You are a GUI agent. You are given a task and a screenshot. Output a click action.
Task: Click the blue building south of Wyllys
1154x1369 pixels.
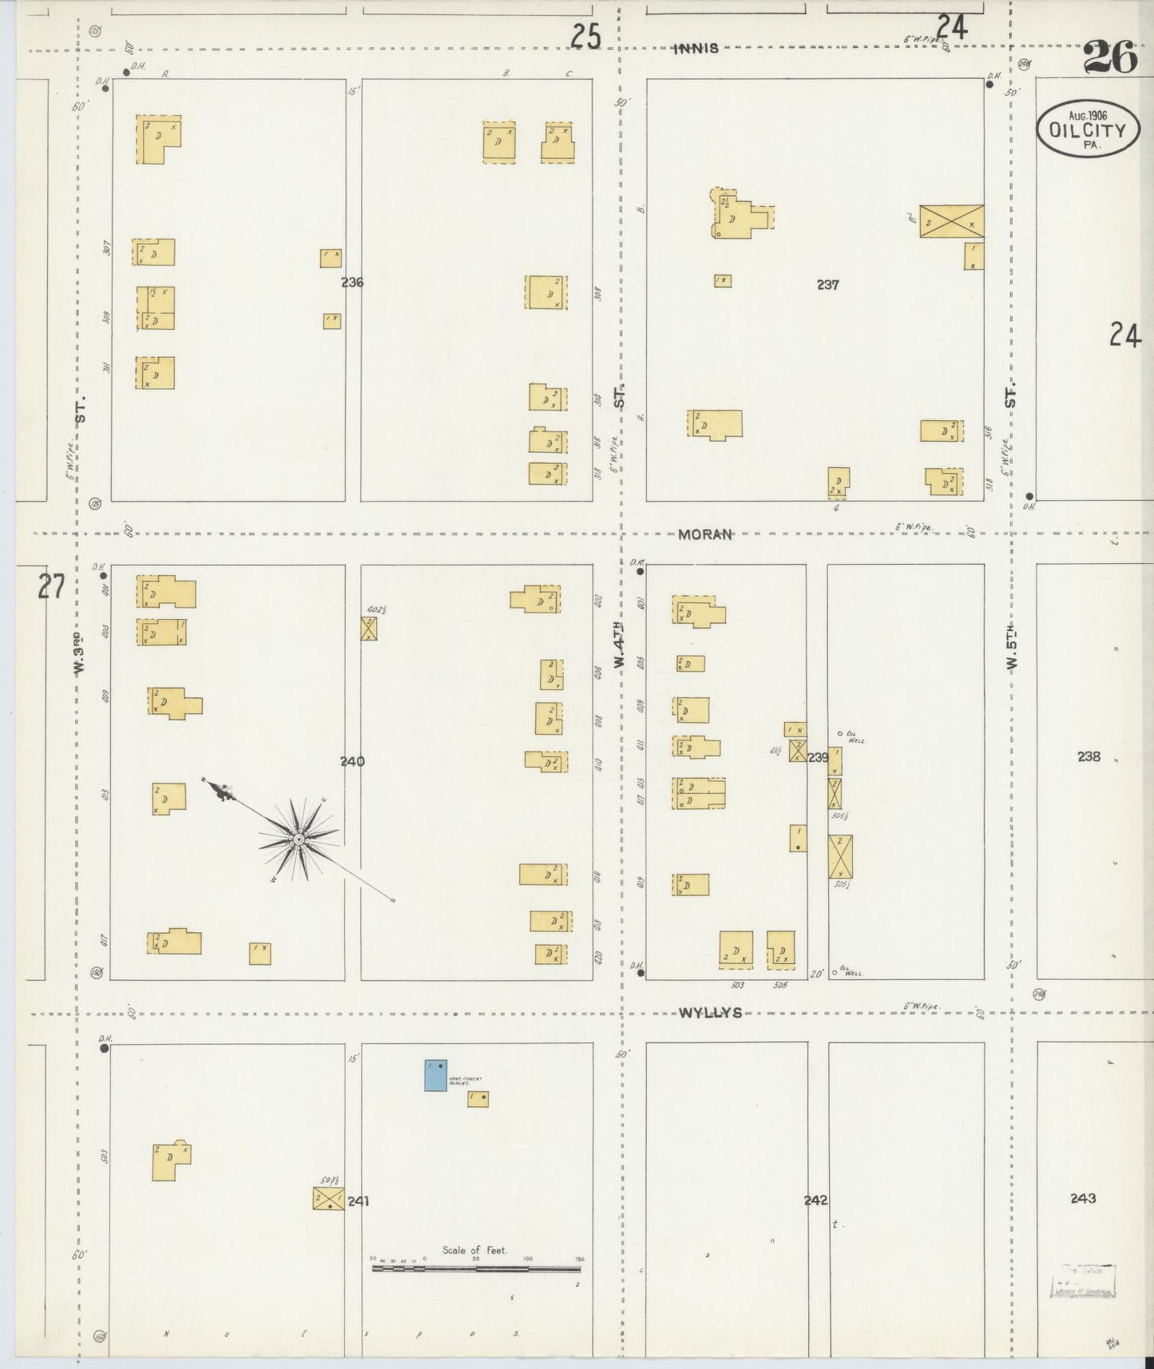(x=435, y=1075)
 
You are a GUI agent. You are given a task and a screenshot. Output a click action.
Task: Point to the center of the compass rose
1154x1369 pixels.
(x=299, y=839)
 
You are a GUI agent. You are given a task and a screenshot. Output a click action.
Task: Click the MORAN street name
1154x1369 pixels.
(x=704, y=534)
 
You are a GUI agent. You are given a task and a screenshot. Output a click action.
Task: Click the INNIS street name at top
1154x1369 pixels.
(x=696, y=48)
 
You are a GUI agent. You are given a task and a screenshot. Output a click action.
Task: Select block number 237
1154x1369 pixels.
(x=827, y=284)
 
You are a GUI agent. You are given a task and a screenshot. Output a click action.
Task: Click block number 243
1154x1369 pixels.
(x=1083, y=1198)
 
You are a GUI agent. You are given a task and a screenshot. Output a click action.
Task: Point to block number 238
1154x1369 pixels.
(x=1089, y=756)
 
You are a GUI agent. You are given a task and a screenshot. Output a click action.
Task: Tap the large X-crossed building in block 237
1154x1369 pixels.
(x=951, y=221)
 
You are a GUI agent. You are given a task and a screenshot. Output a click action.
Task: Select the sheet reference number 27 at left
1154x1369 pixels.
(x=50, y=589)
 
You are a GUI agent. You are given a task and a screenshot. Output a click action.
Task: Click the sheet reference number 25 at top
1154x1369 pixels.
(x=585, y=36)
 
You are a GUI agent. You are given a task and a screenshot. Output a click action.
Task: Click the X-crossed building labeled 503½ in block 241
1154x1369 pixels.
(x=327, y=1198)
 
